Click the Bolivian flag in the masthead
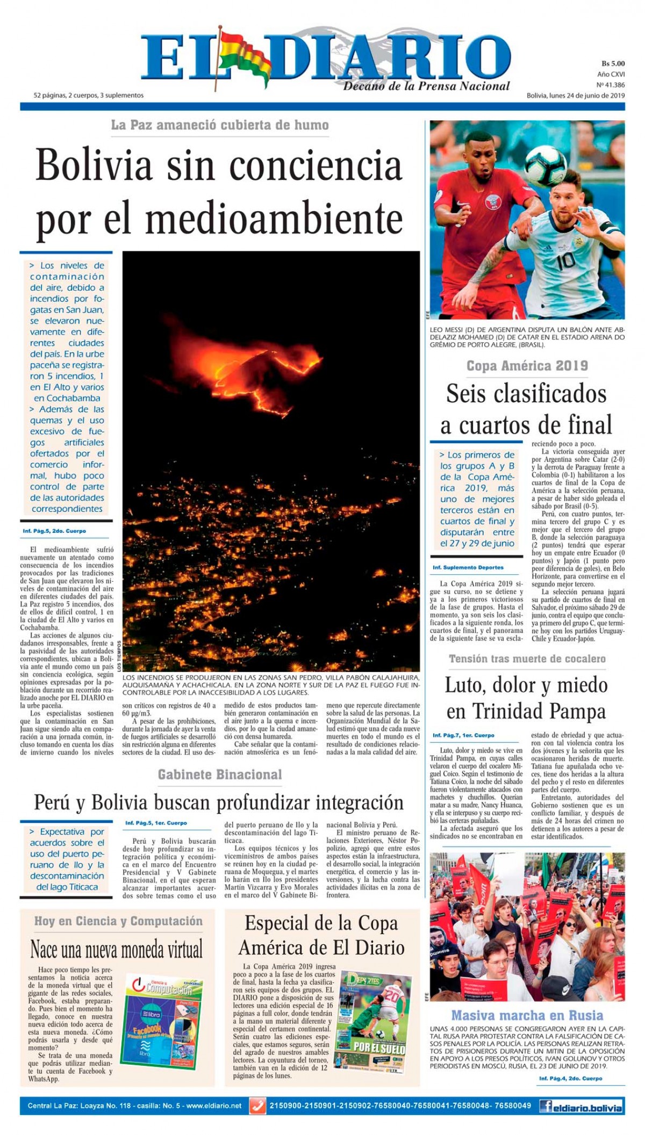pos(241,54)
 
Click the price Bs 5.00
pos(613,64)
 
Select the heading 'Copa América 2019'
pos(527,366)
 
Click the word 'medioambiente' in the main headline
pos(274,219)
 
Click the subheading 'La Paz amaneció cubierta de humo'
pos(220,125)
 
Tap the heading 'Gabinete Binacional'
pos(219,775)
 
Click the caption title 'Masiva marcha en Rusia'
pos(527,1015)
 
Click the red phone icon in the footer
pos(258,1106)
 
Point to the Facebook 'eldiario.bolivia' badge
pos(581,1106)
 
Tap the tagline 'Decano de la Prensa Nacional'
pos(426,86)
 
